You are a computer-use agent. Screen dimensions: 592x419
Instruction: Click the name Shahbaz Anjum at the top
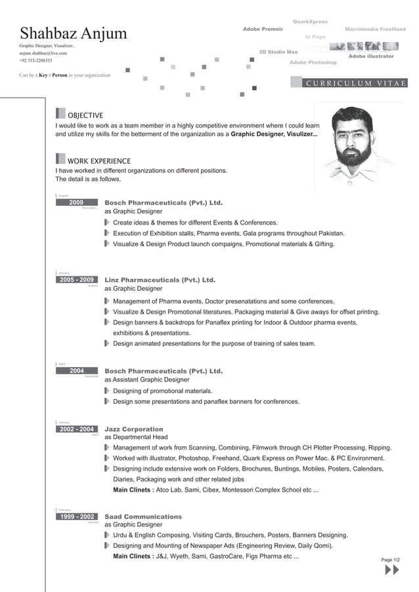74,34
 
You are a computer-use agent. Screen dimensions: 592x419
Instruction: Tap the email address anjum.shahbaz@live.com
43,53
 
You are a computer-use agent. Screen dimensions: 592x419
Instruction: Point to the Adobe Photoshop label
313,62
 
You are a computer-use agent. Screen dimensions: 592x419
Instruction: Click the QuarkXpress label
310,22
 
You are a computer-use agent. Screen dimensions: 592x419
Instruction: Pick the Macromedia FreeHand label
375,30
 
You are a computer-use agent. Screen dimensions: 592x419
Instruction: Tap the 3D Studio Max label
278,51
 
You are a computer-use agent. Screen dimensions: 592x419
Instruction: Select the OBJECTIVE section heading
85,116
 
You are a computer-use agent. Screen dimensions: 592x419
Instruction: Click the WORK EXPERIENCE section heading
99,161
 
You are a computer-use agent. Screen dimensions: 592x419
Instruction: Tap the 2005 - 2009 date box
77,280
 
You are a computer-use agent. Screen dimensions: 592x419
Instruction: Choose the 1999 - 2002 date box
77,517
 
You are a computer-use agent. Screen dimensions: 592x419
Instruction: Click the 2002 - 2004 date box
77,429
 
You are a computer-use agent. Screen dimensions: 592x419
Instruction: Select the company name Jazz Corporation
134,429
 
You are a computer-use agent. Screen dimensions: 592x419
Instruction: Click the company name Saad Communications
143,517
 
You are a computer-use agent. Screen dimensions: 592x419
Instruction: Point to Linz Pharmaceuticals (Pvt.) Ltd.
160,280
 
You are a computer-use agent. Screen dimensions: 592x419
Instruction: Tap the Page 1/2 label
391,560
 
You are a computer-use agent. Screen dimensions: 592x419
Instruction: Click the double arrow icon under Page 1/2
391,570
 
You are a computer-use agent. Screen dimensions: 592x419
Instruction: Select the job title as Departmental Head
136,437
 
